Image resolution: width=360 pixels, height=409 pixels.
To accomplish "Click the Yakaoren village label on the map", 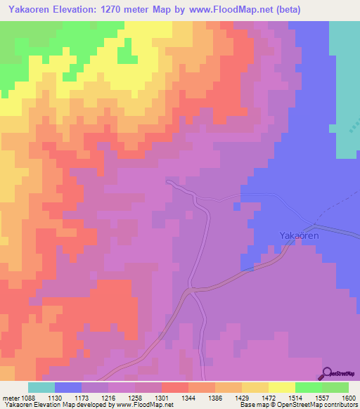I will [x=300, y=236].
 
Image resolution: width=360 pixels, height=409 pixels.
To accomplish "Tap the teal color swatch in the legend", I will [x=41, y=387].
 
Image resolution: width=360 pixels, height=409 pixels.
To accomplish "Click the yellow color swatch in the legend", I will [x=282, y=387].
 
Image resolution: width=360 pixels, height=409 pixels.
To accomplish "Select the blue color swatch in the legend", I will [x=68, y=387].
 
